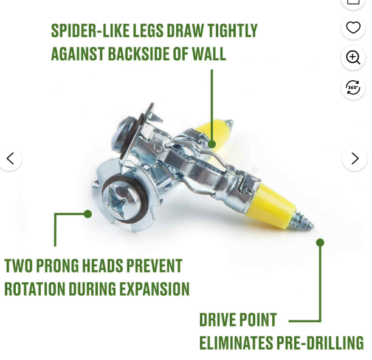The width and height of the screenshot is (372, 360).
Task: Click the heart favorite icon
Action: (353, 27)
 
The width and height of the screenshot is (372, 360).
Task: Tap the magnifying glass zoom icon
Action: (353, 57)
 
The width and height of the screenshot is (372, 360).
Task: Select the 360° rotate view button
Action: (353, 88)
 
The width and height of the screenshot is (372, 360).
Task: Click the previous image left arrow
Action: (10, 158)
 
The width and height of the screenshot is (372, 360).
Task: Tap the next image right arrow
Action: (355, 158)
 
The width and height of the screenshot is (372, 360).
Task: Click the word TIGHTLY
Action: (232, 30)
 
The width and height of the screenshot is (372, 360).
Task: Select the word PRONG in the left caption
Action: (57, 266)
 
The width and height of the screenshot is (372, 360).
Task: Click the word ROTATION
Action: (35, 289)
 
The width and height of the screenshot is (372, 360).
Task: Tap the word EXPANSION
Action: (154, 289)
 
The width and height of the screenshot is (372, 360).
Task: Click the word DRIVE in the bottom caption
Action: (217, 319)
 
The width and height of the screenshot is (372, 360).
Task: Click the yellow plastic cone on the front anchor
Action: (271, 206)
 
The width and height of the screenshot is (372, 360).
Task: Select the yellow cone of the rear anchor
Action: (215, 133)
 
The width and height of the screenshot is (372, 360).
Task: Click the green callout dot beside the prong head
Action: (88, 214)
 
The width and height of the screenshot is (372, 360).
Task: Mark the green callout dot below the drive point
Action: (320, 242)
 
